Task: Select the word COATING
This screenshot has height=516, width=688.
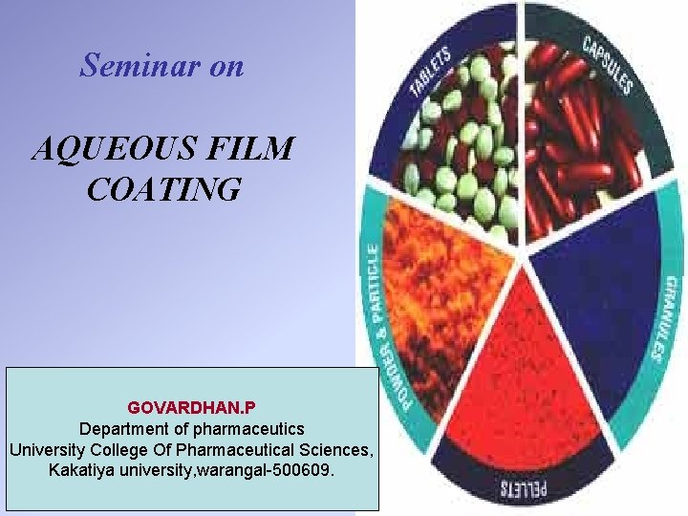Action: [x=163, y=189]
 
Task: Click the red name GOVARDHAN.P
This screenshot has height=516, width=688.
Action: [x=191, y=408]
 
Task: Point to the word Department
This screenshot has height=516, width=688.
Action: [x=123, y=429]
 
